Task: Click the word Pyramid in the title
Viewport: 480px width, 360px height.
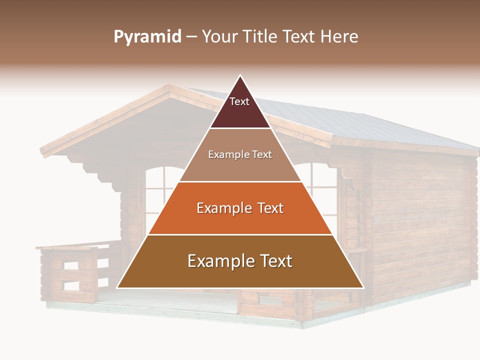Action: click(x=147, y=37)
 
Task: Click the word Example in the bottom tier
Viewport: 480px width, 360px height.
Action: click(x=215, y=261)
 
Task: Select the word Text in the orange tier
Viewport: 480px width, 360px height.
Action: click(x=267, y=208)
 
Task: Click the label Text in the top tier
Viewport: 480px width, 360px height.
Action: click(x=239, y=101)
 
